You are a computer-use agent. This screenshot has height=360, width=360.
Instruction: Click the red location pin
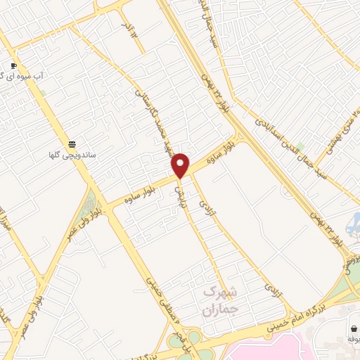[181, 165]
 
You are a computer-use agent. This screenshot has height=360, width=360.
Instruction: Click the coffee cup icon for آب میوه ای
[13, 65]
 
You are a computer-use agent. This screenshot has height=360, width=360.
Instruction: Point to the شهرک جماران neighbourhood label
[220, 300]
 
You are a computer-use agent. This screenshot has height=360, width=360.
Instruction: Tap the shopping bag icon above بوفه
[352, 327]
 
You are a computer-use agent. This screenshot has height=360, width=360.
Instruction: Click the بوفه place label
[352, 339]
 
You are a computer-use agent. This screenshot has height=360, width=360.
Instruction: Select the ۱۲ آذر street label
[128, 30]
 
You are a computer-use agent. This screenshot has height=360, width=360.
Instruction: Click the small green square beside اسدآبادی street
[300, 146]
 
